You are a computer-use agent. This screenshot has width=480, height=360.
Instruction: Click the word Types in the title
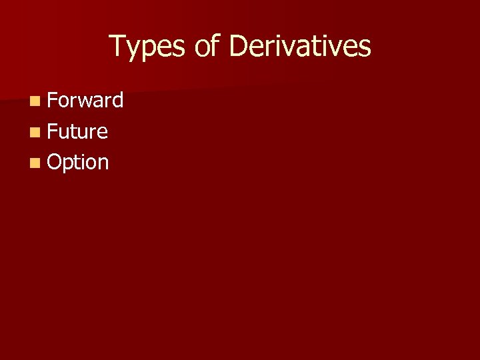[x=148, y=47]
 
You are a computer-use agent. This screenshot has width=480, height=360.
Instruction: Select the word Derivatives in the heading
[x=300, y=47]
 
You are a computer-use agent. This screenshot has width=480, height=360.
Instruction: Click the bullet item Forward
[x=85, y=101]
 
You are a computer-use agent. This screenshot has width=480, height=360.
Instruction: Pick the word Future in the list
[x=77, y=131]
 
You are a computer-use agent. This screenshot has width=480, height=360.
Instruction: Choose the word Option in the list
[x=78, y=162]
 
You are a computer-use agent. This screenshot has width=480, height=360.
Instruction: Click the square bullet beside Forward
[x=34, y=101]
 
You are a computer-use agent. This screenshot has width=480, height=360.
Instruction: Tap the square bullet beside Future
[x=34, y=132]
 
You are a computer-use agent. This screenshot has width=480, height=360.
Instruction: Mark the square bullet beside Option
[x=34, y=163]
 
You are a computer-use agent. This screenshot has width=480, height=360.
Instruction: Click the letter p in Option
[x=68, y=164]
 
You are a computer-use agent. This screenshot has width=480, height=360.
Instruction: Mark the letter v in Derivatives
[x=303, y=48]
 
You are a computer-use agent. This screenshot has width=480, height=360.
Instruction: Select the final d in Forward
[x=117, y=101]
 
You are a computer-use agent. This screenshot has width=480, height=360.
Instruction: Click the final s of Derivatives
[x=365, y=48]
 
